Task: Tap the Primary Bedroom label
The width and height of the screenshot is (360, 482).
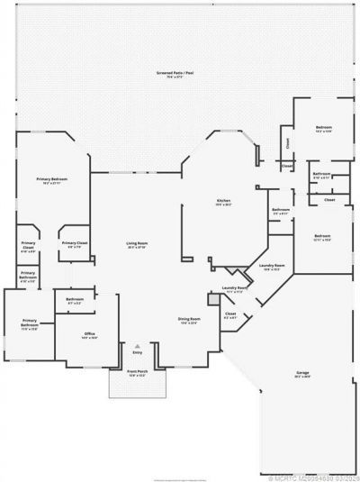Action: tap(53, 179)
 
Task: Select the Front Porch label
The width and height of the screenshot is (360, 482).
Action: tap(137, 370)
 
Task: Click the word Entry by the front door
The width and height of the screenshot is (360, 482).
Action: tap(137, 353)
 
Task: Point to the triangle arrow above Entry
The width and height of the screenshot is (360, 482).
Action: tap(137, 344)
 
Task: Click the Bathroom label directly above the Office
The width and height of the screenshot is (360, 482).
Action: tap(75, 299)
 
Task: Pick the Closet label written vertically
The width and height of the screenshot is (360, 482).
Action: tap(287, 141)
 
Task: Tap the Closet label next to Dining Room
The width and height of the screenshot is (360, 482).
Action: tap(230, 314)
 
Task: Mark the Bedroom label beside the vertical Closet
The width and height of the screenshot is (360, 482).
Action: tap(323, 128)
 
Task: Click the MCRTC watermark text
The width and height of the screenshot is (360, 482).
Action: tap(306, 476)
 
